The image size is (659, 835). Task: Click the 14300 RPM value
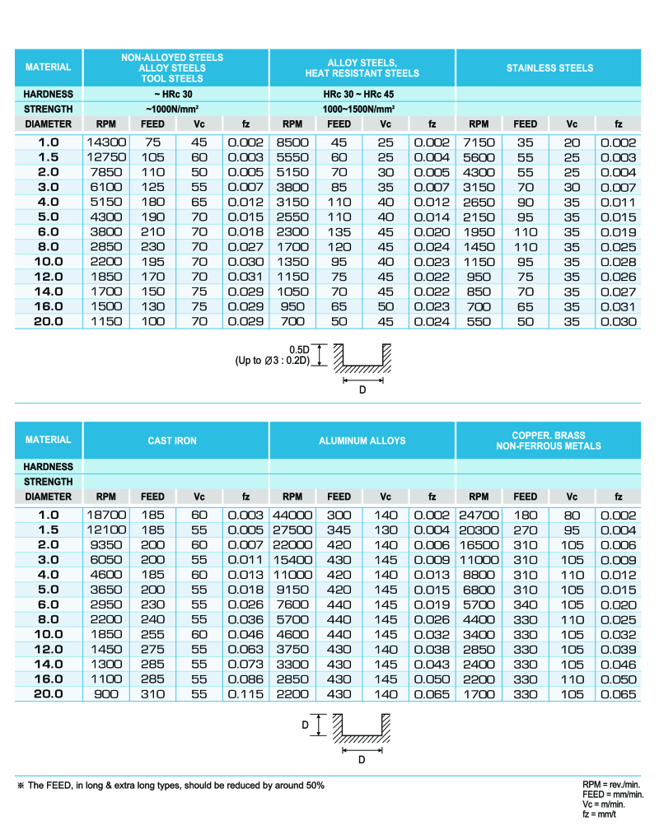point(106,142)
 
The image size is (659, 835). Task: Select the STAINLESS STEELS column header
point(549,68)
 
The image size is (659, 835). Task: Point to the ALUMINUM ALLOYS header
point(362,441)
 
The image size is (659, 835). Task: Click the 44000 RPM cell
point(292,515)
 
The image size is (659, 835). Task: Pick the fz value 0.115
point(245,694)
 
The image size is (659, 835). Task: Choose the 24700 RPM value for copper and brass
point(479,515)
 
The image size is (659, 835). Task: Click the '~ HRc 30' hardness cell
point(174,94)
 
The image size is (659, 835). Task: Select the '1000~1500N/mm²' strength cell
point(362,109)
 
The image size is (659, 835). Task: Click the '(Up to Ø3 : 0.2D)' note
point(272,360)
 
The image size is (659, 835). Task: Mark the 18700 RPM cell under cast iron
point(106,515)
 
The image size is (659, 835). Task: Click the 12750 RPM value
point(106,156)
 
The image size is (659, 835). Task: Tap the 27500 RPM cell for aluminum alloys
point(292,529)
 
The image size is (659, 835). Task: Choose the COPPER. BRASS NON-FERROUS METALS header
point(549,441)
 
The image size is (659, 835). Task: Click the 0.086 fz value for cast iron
point(245,679)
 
